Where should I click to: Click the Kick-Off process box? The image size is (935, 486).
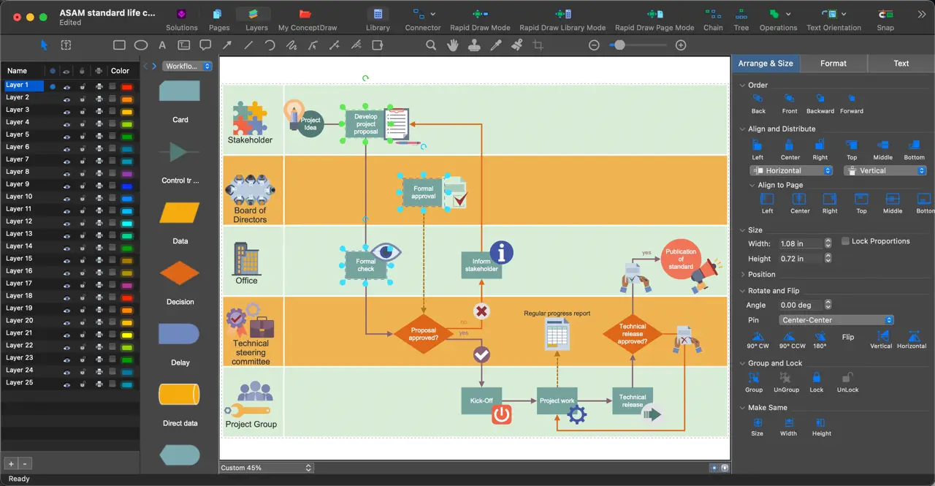[481, 400]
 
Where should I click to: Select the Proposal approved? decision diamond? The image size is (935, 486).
[423, 334]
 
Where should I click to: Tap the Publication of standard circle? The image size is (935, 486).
[680, 259]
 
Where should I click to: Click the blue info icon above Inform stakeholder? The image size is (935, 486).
[501, 252]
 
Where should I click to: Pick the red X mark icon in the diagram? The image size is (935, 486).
[481, 311]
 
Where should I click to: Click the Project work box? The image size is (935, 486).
[557, 400]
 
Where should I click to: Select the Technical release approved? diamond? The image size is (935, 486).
[633, 334]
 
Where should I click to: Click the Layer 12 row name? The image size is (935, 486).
[19, 221]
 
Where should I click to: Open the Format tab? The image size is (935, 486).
[833, 64]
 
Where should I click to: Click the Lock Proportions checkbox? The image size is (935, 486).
[845, 241]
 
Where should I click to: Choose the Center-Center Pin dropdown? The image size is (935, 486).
[836, 320]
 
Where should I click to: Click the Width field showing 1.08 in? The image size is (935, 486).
[801, 243]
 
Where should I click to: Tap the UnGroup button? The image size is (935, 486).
[786, 382]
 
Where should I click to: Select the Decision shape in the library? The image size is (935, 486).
[180, 273]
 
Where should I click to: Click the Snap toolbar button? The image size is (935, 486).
[885, 19]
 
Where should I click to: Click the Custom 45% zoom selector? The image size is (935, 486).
[266, 468]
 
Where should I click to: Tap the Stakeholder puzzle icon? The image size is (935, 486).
[250, 118]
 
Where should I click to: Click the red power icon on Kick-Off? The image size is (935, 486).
[501, 414]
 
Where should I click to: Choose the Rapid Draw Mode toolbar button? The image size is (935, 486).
[480, 19]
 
